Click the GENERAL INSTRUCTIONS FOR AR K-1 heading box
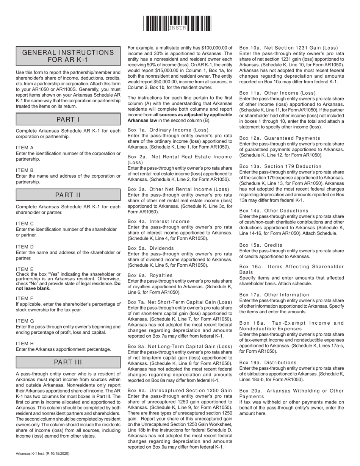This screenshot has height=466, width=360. pos(68,56)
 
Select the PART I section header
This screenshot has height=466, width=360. pos(68,119)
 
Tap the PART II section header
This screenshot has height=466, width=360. pos(68,195)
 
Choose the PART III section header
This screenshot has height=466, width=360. pos(68,362)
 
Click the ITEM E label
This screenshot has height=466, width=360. pos(25,269)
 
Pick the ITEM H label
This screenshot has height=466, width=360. pos(25,344)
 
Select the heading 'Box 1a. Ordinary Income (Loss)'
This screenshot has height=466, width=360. pos(168,130)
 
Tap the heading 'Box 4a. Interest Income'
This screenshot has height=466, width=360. pos(158,221)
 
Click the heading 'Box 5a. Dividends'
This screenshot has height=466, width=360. pos(151,248)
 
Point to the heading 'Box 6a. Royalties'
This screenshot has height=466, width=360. pos(150,275)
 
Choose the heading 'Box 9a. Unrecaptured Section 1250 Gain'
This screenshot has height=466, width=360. pos(180,390)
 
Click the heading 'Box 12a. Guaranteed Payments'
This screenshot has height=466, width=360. pos(280,138)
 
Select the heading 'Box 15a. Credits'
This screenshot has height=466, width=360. pos(261,245)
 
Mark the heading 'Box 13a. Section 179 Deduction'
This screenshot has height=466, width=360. pos(280,166)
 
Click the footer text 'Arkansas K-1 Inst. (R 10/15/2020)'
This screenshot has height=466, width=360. pos(42,453)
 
